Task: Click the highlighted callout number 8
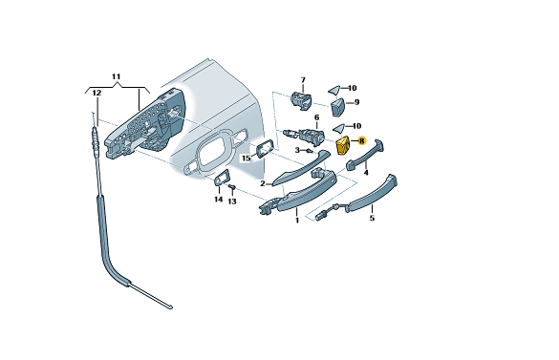pyautogui.click(x=362, y=141)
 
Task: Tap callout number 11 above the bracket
pyautogui.click(x=117, y=76)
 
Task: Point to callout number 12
pyautogui.click(x=97, y=93)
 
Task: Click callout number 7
pyautogui.click(x=303, y=79)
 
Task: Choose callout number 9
pyautogui.click(x=356, y=102)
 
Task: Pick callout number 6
pyautogui.click(x=316, y=117)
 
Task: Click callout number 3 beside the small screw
pyautogui.click(x=297, y=151)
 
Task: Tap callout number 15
pyautogui.click(x=247, y=159)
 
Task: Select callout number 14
pyautogui.click(x=219, y=200)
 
